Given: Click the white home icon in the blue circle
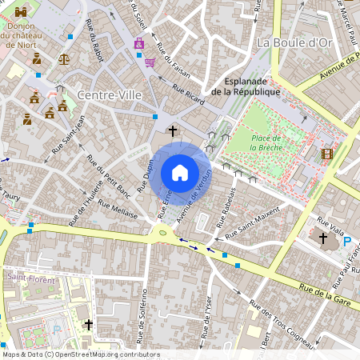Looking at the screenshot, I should click(180, 173).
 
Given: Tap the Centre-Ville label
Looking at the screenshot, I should click(109, 95).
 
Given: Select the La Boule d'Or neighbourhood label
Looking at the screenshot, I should click(294, 42).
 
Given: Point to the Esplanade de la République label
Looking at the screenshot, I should click(246, 86).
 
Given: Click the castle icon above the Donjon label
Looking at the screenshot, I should click(21, 12).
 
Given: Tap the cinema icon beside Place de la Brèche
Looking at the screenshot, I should click(326, 153).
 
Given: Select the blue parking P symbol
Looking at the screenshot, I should click(346, 241).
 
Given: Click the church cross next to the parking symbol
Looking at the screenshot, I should click(323, 238).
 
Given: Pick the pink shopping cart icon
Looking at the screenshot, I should click(150, 62).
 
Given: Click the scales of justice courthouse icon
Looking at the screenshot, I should click(62, 58).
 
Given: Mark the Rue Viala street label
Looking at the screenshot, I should click(330, 222).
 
